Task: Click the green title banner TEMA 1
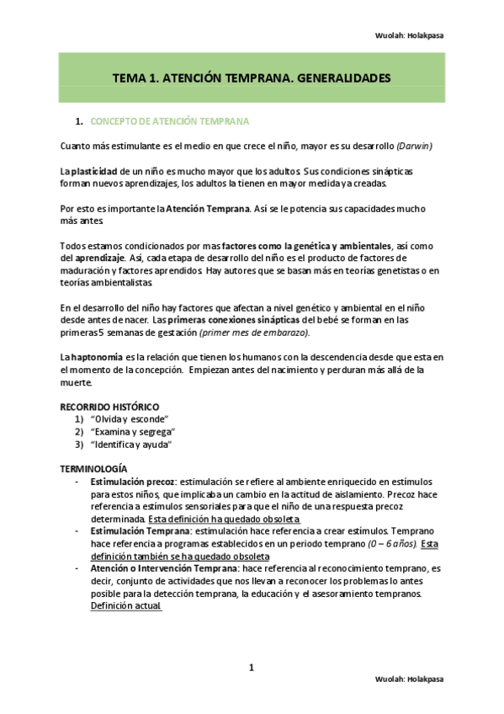coord(252,77)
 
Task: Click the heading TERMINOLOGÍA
coord(93,468)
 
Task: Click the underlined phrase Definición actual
coord(125,606)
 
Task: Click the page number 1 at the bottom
coord(252,669)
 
